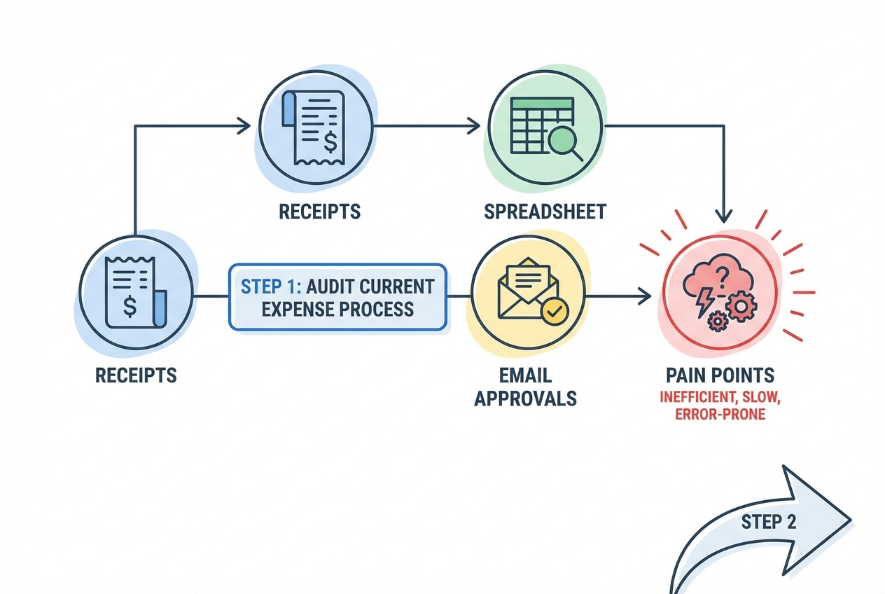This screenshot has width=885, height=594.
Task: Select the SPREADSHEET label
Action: tap(544, 212)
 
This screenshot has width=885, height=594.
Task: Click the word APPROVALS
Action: tap(525, 399)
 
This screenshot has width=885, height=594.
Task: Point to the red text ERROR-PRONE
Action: tap(720, 415)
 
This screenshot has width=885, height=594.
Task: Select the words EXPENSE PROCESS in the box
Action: tap(337, 309)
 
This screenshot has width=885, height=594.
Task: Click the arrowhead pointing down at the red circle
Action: tap(725, 216)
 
